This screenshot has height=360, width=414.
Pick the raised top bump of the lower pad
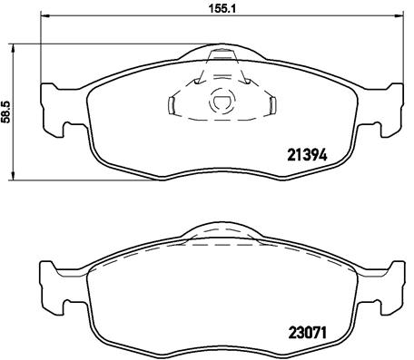pyautogui.click(x=222, y=234)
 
